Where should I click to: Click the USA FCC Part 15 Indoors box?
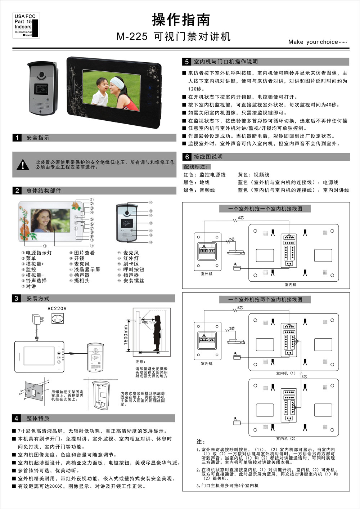(26, 25)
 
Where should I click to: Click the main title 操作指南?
(181, 20)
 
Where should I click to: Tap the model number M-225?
(132, 37)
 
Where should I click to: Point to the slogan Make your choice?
(317, 42)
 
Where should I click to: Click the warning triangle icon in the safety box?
(23, 165)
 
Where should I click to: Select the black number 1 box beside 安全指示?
(17, 138)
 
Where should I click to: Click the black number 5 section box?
(187, 62)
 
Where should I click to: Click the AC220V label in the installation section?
(57, 309)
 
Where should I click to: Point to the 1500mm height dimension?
(126, 335)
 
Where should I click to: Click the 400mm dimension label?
(148, 322)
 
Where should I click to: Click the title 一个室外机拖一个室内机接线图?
(265, 209)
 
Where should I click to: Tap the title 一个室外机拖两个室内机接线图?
(265, 299)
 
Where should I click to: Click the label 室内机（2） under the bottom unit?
(286, 438)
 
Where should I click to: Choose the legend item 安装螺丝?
(133, 281)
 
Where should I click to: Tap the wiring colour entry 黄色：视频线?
(253, 175)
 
